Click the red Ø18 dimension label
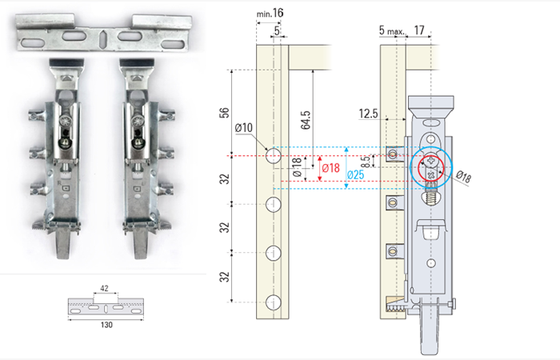tap(330, 168)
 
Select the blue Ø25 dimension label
tap(355, 174)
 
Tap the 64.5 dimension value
tap(306, 120)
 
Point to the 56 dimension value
tap(224, 113)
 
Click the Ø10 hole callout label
tap(244, 127)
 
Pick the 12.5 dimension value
tap(368, 114)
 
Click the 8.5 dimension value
tap(366, 162)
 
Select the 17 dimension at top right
tap(419, 30)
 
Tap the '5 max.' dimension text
tap(392, 30)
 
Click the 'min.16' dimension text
tap(270, 14)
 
